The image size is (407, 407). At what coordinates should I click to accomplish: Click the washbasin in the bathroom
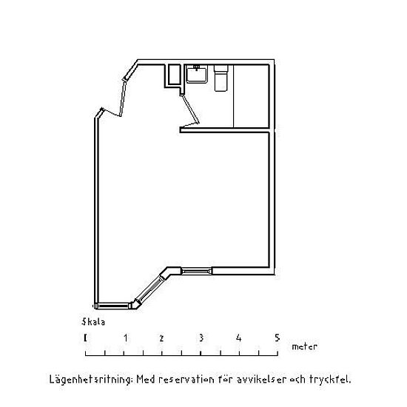197,74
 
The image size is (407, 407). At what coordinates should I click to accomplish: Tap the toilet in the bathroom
221,78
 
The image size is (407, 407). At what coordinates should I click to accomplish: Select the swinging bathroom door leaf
191,109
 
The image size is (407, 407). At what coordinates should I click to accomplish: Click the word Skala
93,322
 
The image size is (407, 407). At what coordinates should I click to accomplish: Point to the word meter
304,346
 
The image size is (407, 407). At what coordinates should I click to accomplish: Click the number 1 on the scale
126,338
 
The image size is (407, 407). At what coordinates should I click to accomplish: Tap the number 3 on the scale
201,338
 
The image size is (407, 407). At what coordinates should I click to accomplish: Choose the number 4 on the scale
239,338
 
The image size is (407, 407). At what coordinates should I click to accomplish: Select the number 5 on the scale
277,338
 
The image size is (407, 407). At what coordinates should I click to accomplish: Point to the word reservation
186,380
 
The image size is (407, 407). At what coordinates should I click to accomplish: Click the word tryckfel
330,380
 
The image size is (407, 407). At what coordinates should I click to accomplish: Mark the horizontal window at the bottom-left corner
113,306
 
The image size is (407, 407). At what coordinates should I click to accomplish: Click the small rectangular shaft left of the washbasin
174,75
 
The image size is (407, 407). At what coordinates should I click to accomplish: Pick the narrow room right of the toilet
251,96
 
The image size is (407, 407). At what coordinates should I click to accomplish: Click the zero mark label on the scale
85,338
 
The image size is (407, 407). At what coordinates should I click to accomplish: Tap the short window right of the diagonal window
197,272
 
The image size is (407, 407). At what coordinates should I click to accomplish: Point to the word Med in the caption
145,380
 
